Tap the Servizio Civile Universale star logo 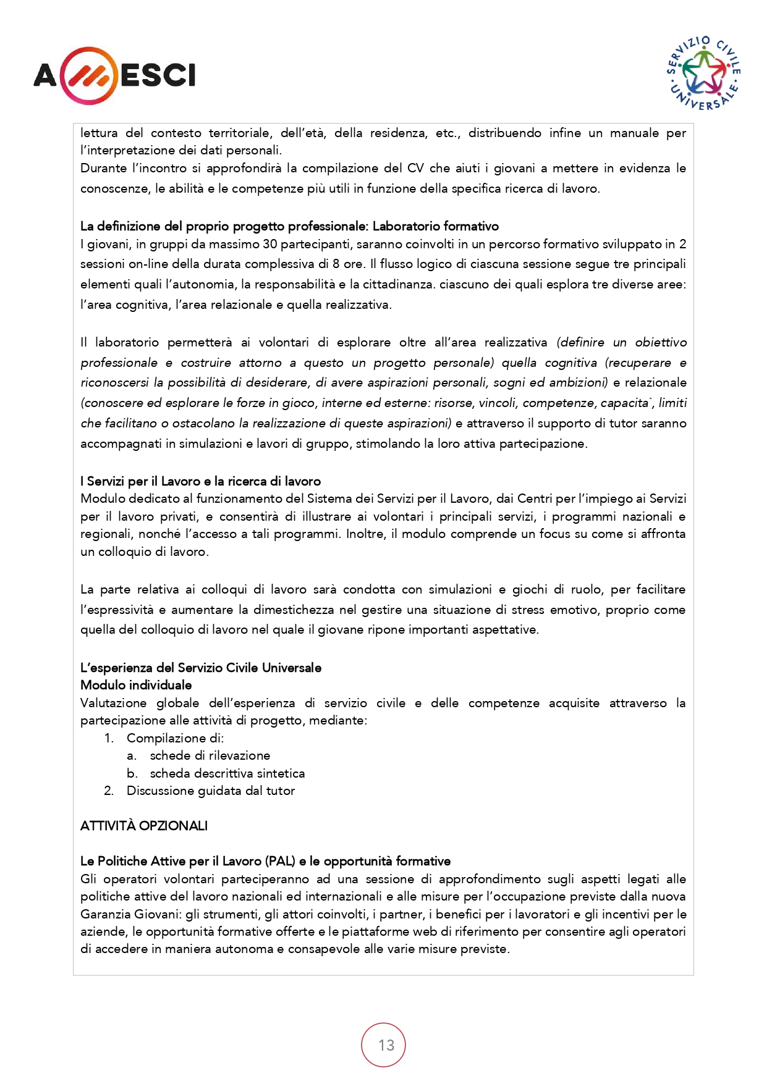click(x=705, y=74)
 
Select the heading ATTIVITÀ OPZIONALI click(x=144, y=826)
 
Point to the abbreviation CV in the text click(x=415, y=168)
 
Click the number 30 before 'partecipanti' click(x=270, y=244)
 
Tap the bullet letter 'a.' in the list click(x=132, y=755)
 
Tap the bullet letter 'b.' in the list click(x=132, y=773)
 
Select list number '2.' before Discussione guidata click(x=109, y=791)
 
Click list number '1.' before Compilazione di click(x=109, y=738)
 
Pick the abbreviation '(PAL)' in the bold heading click(x=280, y=861)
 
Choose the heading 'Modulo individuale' click(x=136, y=685)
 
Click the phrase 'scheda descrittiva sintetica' click(x=227, y=773)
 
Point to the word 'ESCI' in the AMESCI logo click(x=158, y=76)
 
